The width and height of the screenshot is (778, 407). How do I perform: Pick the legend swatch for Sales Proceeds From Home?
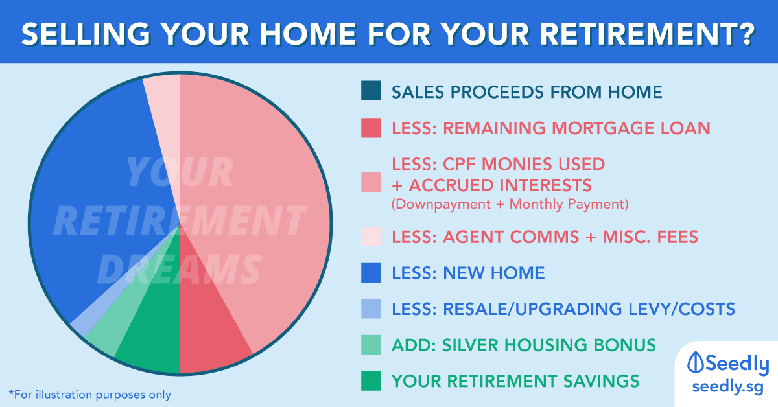coord(371,91)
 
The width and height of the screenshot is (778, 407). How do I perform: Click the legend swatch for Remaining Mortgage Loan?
coord(371,128)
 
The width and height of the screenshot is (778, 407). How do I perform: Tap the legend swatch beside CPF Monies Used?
coord(371,182)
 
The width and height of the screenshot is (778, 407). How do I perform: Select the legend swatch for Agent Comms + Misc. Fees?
coord(371,237)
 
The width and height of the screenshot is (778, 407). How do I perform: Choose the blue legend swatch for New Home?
coord(371,273)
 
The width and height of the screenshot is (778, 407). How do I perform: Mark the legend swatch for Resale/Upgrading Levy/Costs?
coord(371,308)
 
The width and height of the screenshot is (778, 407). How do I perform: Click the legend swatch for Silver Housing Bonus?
coord(371,345)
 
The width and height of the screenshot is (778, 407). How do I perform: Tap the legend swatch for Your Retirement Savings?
coord(371,380)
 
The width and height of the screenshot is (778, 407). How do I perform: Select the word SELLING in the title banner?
coord(86,34)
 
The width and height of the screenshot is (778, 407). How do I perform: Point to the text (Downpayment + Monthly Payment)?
coord(510,204)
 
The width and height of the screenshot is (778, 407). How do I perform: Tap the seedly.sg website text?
coord(727,387)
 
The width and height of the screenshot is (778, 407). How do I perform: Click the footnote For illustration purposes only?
coord(90,395)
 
